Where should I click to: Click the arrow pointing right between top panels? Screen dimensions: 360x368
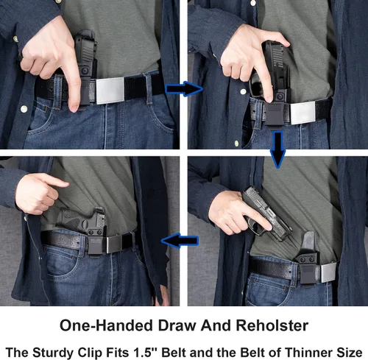coord(183,90)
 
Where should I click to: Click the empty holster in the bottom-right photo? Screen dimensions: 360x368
coord(307,254)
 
